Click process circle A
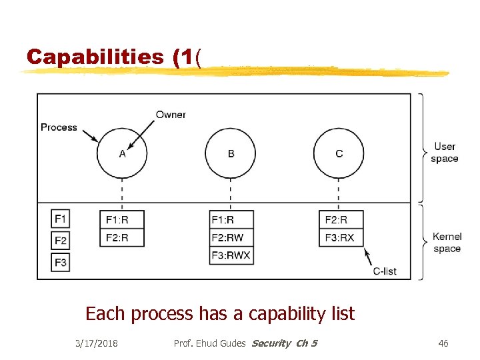pos(122,153)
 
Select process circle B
pos(231,153)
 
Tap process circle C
pos(339,153)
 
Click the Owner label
pos(171,115)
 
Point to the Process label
pos(59,127)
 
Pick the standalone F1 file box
pos(61,219)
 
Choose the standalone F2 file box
pos(61,240)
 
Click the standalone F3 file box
pos(61,262)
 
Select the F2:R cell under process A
pos(122,237)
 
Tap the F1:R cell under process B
pos(231,219)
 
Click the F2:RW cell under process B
pos(231,237)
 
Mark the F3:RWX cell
pos(231,255)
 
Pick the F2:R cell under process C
pos(341,219)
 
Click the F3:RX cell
pos(341,237)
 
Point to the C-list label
pos(385,271)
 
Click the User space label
pos(444,153)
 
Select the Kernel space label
pos(447,243)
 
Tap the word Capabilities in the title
pos(95,57)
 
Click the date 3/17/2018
pos(97,343)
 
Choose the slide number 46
pos(443,343)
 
